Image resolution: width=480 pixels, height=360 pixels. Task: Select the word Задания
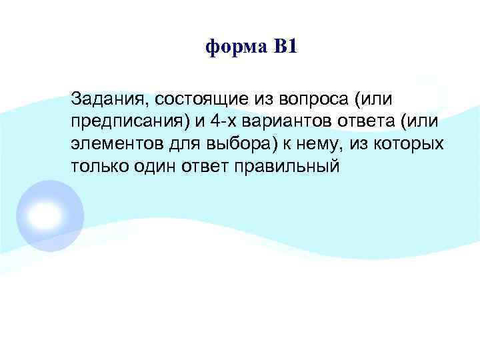109,99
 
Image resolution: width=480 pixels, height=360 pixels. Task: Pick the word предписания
127,122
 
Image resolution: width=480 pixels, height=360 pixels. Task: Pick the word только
97,166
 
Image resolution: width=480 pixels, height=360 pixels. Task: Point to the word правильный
287,166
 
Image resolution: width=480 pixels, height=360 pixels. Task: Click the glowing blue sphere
50,215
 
